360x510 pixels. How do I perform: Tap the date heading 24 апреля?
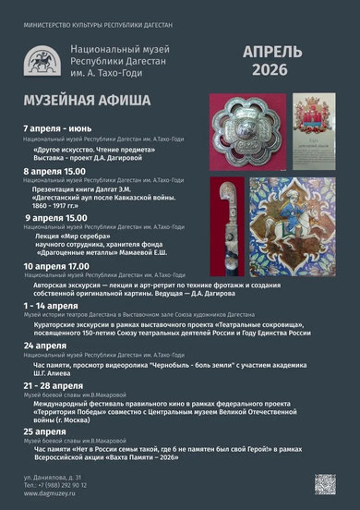pyautogui.click(x=45, y=344)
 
